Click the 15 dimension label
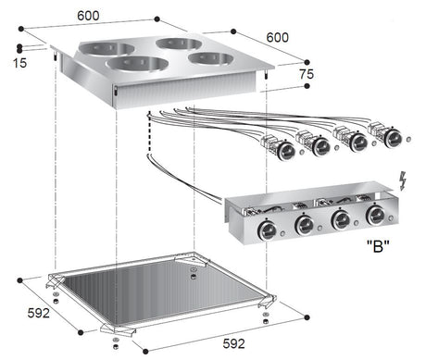21,63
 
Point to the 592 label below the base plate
233,344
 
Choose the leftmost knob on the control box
268,230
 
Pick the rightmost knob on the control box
375,217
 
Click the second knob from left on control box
304,225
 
